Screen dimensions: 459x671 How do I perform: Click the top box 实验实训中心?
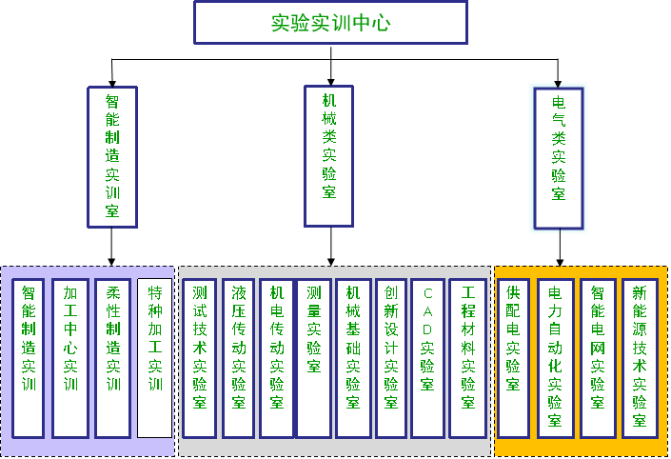point(330,23)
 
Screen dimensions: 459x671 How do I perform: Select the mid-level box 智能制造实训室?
point(112,157)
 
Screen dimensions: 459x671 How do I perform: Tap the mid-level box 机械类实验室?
point(329,157)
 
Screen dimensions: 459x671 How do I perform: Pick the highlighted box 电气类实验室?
point(559,158)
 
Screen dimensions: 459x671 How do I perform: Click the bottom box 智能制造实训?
point(29,358)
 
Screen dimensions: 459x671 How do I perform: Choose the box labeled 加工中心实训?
point(70,358)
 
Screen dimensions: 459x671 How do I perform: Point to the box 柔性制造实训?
point(112,358)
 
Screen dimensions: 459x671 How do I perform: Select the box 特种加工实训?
point(154,358)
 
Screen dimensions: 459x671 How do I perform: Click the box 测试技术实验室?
point(200,358)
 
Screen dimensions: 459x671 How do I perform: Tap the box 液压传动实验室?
point(239,358)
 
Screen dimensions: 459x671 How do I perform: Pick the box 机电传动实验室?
point(277,358)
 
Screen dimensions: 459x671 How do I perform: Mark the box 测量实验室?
point(314,358)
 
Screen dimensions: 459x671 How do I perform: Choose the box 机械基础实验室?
point(352,358)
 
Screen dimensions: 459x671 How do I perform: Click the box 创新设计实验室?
point(390,358)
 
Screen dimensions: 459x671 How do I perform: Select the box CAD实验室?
point(427,358)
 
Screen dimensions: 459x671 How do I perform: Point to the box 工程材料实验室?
point(467,358)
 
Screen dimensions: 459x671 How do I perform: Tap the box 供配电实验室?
point(513,358)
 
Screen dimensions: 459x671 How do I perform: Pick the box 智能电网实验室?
point(598,358)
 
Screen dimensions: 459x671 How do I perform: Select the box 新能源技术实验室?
point(640,358)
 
